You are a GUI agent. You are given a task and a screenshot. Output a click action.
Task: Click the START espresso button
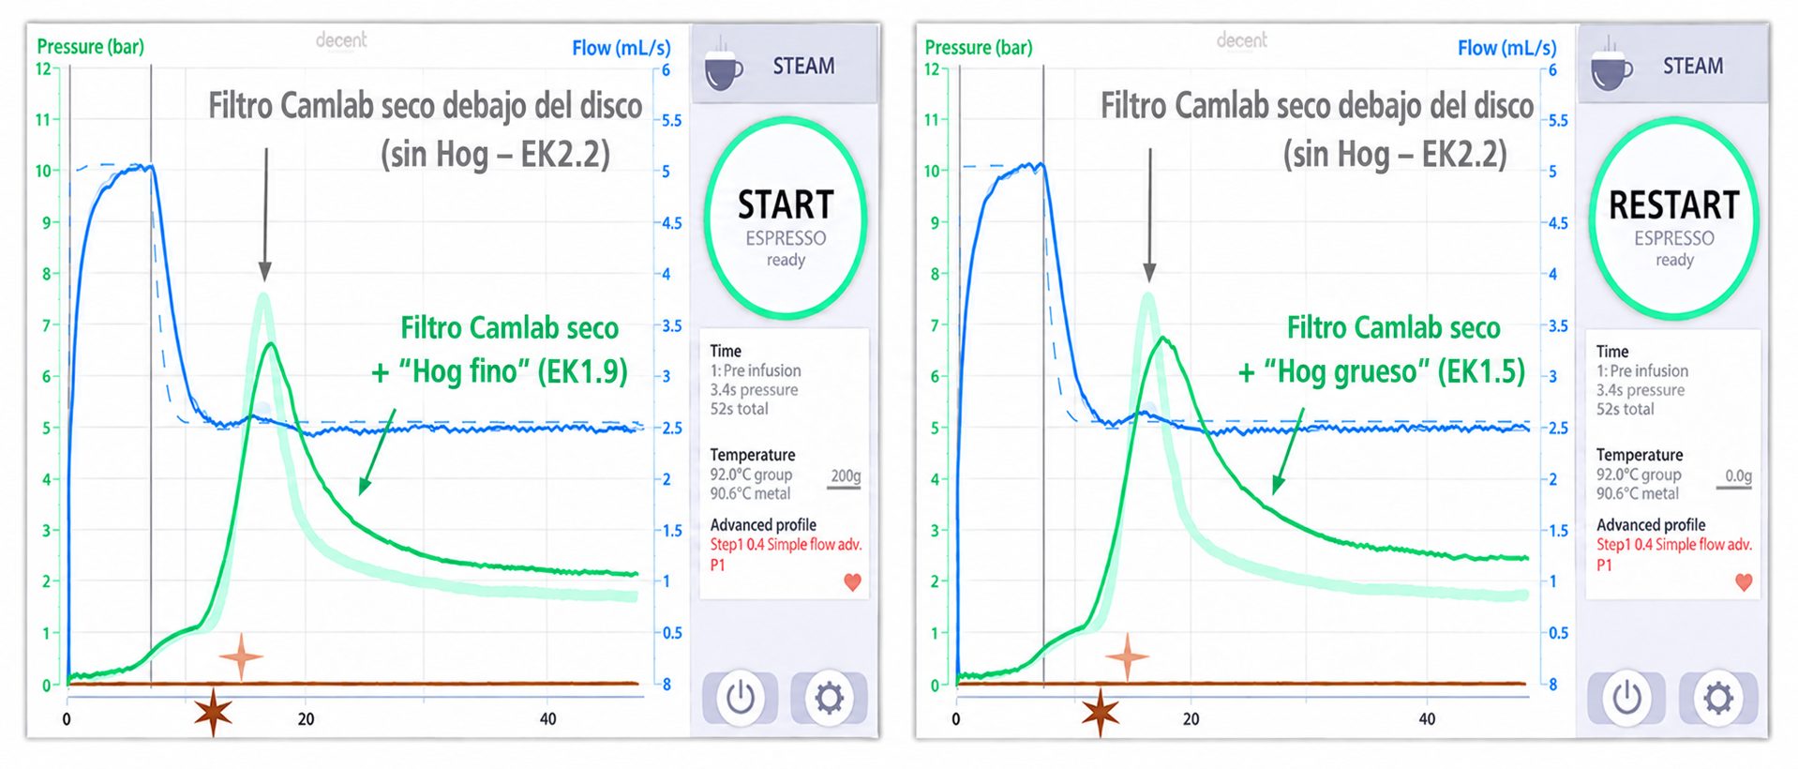pyautogui.click(x=786, y=218)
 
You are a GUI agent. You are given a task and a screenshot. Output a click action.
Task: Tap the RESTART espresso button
pyautogui.click(x=1673, y=218)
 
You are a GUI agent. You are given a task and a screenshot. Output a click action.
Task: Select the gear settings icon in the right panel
pyautogui.click(x=1717, y=698)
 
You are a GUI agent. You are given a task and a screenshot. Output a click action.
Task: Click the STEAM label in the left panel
pyautogui.click(x=803, y=66)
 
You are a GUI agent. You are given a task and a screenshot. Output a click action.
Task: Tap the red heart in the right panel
pyautogui.click(x=1744, y=582)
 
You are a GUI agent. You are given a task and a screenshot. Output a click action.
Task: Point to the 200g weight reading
pyautogui.click(x=846, y=475)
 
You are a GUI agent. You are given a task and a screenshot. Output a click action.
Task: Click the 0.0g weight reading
pyautogui.click(x=1738, y=475)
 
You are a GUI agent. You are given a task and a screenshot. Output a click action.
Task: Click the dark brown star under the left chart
pyautogui.click(x=214, y=713)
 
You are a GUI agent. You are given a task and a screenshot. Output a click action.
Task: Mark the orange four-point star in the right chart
pyautogui.click(x=1127, y=656)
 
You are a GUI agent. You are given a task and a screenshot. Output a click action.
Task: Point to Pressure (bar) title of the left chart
pyautogui.click(x=90, y=47)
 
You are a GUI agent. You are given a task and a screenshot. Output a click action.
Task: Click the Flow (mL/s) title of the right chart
pyautogui.click(x=1506, y=48)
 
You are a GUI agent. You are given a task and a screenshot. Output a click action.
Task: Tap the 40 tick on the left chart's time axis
pyautogui.click(x=547, y=719)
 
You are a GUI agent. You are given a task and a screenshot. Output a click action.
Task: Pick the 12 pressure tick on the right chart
pyautogui.click(x=931, y=68)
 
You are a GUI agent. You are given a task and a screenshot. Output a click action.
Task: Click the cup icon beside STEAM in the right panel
pyautogui.click(x=1611, y=65)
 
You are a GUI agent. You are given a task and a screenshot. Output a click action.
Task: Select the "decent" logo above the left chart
pyautogui.click(x=341, y=40)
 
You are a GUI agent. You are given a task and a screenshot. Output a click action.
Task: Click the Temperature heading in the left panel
pyautogui.click(x=752, y=455)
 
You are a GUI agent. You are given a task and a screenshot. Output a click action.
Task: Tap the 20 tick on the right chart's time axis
pyautogui.click(x=1191, y=719)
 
